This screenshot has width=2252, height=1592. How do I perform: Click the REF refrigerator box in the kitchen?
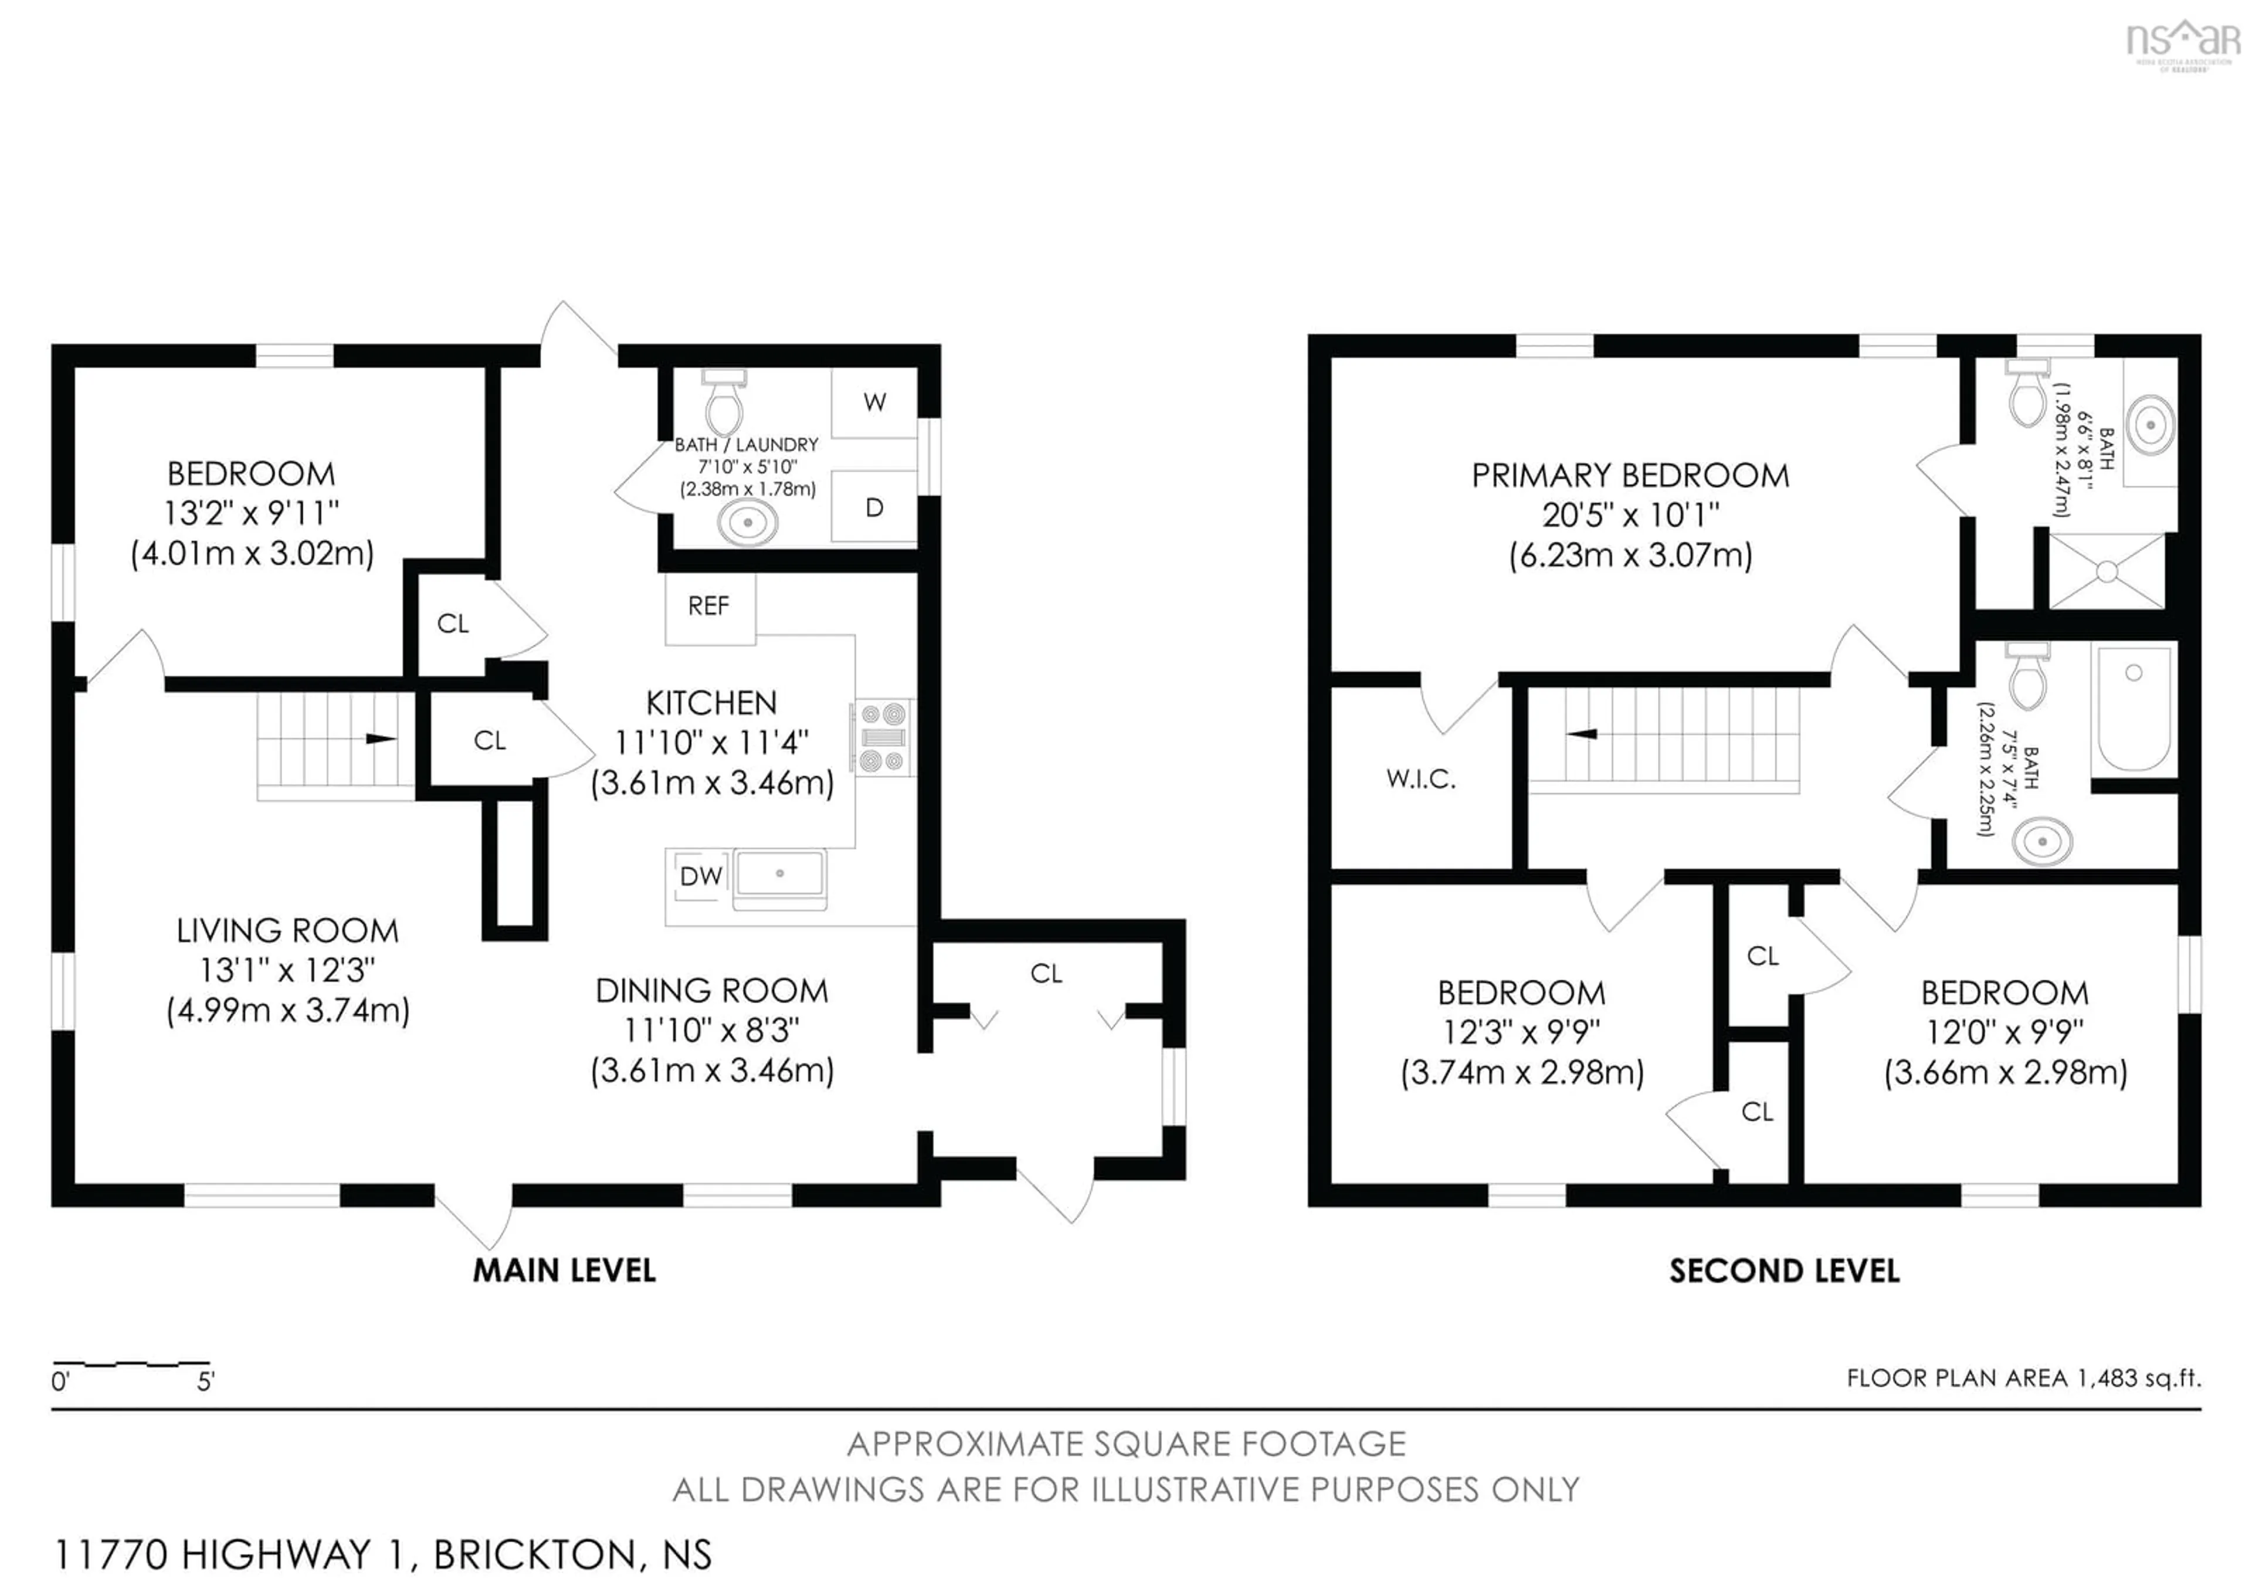[709, 607]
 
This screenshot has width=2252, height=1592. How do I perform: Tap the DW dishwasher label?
[700, 876]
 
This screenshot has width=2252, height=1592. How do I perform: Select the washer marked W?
[874, 402]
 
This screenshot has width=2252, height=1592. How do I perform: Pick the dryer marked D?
[874, 508]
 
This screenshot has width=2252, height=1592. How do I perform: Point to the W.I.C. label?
[1420, 779]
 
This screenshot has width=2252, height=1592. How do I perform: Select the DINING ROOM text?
[712, 991]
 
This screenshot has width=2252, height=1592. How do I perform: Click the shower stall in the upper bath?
[2107, 571]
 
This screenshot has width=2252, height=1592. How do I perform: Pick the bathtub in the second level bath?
[2134, 707]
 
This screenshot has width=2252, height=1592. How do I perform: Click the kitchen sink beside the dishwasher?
[780, 873]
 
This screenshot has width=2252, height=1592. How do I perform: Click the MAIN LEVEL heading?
[564, 1271]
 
